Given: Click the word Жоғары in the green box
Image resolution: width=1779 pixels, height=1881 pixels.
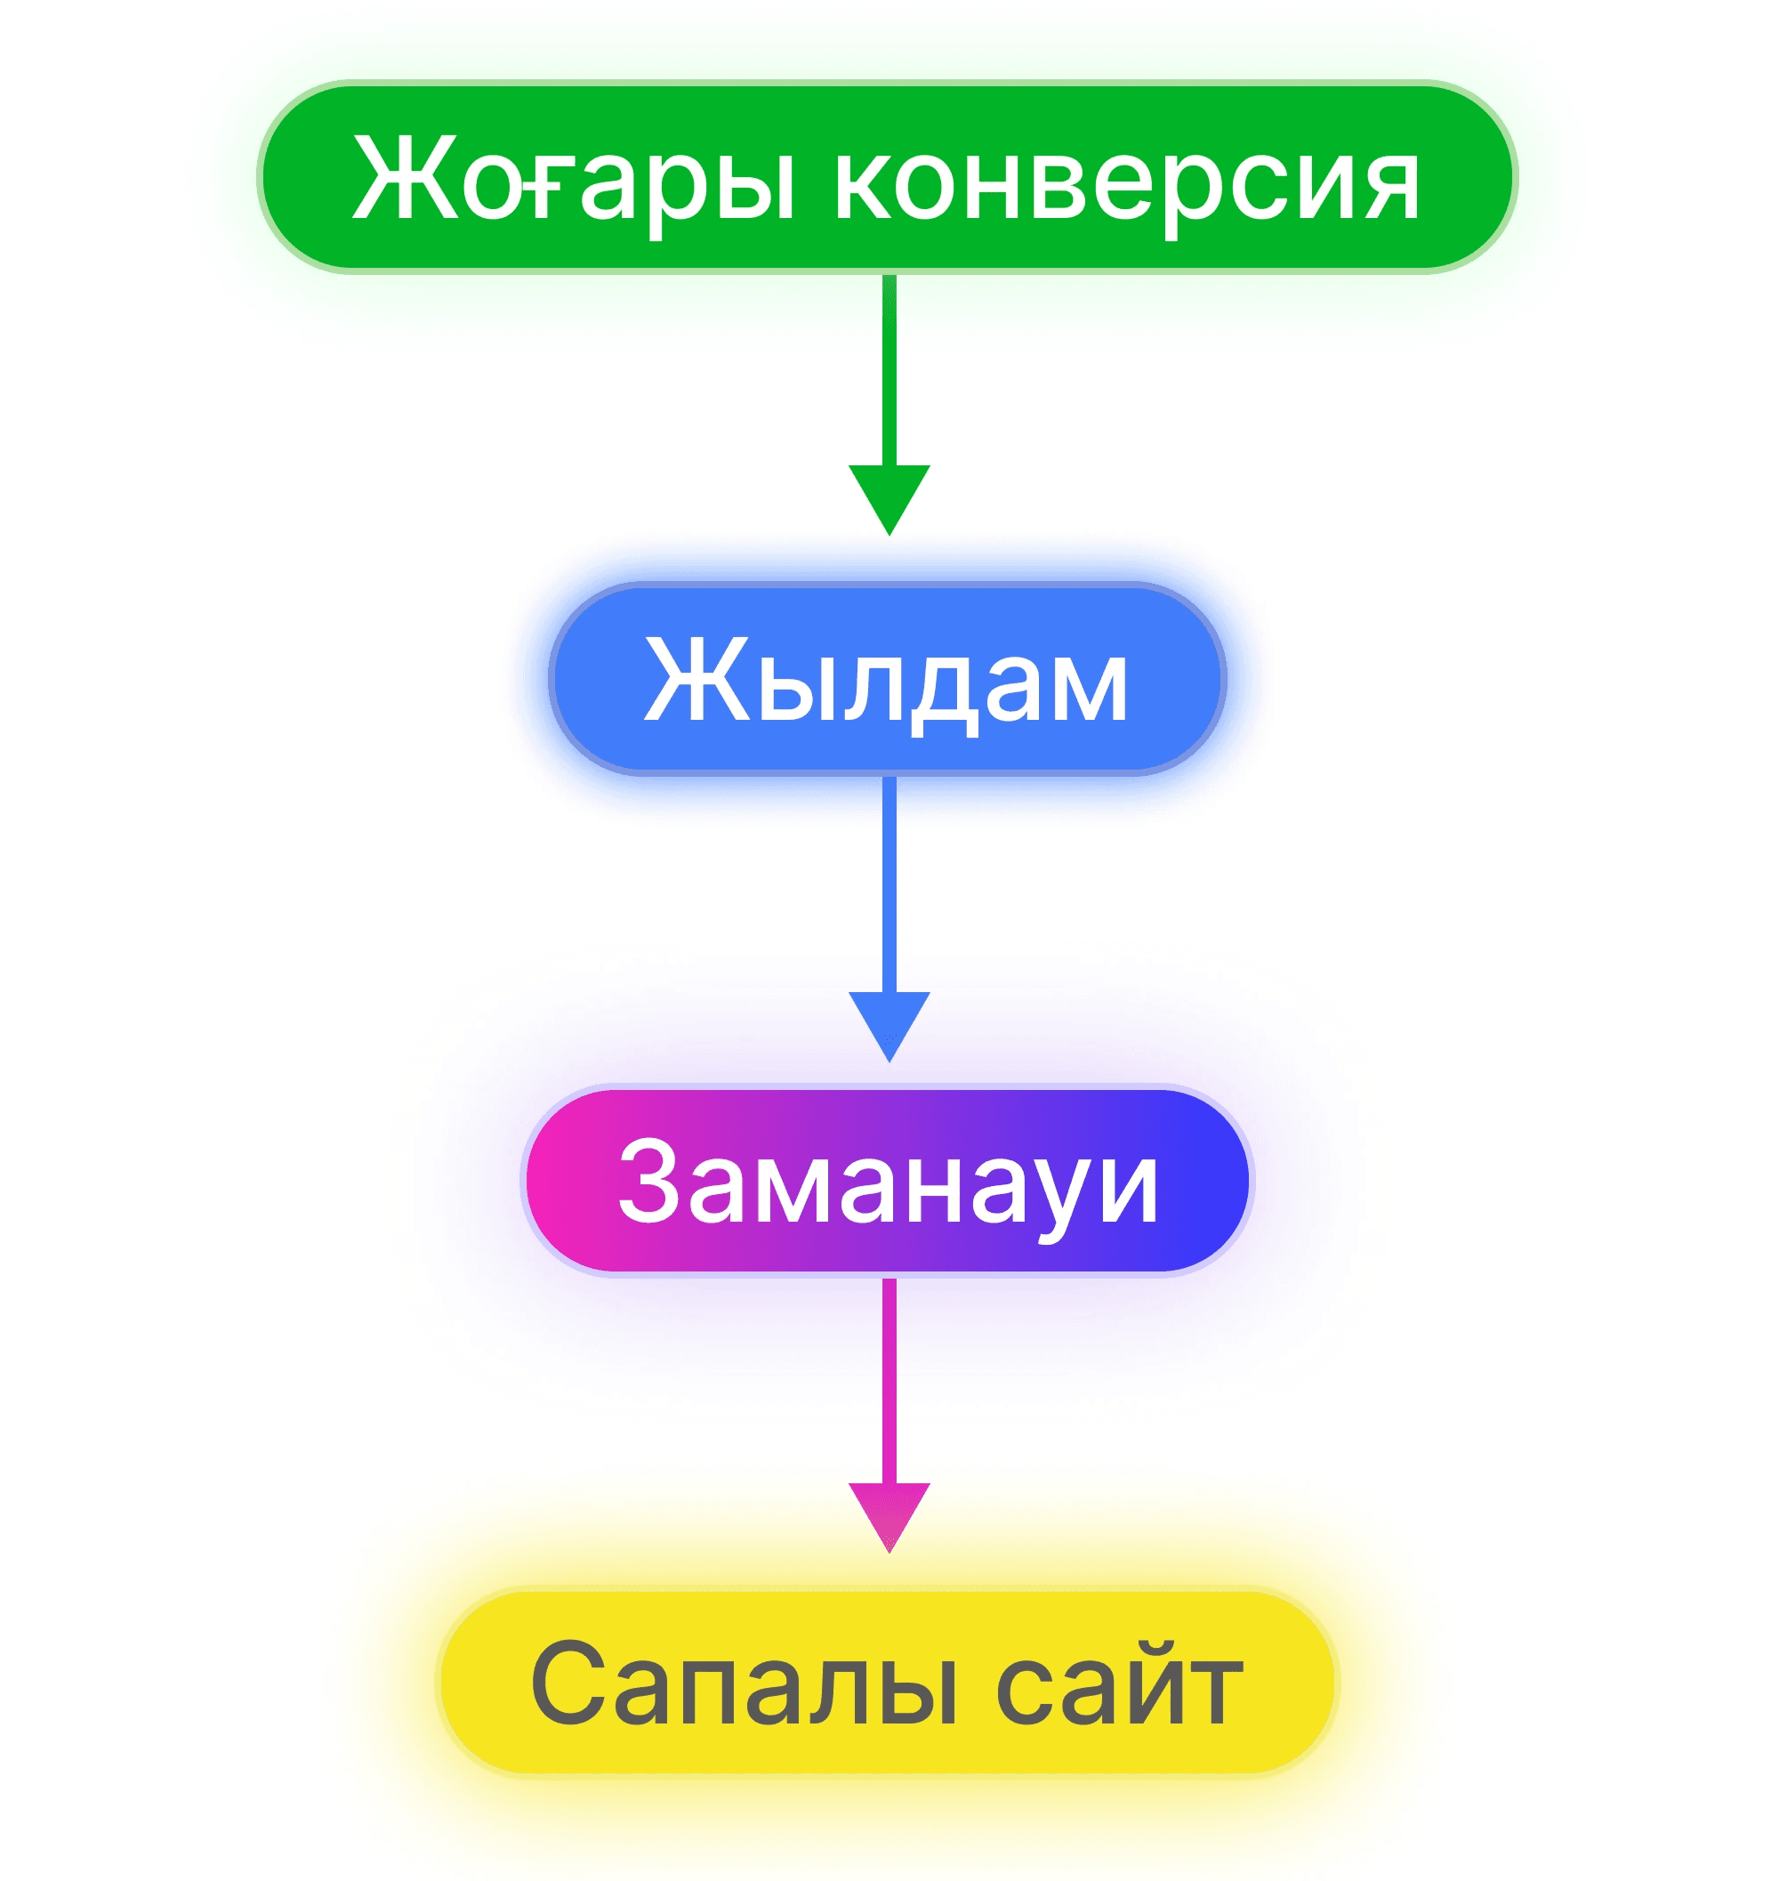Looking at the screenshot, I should click(x=573, y=178).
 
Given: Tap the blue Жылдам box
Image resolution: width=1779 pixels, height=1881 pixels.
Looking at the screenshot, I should click(x=887, y=679).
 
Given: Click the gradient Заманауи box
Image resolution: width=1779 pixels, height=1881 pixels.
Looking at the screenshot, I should click(x=887, y=1180).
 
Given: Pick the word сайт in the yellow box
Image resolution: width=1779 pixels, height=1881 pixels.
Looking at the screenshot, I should click(x=1119, y=1684).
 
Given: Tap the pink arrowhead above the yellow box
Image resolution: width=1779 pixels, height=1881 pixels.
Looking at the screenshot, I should click(x=889, y=1512).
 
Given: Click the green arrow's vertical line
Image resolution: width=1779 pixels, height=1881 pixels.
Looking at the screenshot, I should click(x=889, y=370).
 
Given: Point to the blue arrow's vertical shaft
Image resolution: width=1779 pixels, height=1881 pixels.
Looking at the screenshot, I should click(x=889, y=882).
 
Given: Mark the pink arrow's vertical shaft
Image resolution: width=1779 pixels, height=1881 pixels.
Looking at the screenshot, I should click(x=889, y=1380).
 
